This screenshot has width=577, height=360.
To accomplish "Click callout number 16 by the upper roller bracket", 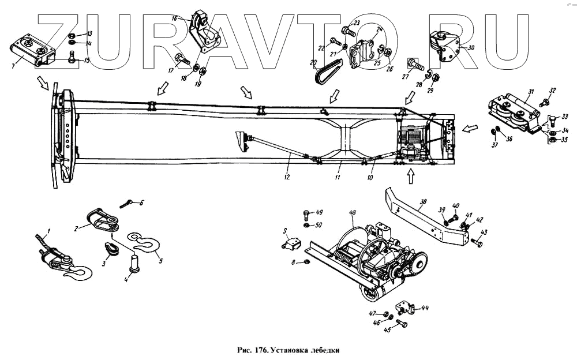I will click(x=174, y=18).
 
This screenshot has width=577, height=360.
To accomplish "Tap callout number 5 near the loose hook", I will click(x=160, y=260).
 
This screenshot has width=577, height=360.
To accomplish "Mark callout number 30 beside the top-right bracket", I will click(x=471, y=48).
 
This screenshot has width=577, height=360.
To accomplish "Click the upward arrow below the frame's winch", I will click(x=411, y=177).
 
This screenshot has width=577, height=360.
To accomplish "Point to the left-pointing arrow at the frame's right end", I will click(x=471, y=127).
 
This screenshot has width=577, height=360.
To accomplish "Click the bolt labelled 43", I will click(x=477, y=242).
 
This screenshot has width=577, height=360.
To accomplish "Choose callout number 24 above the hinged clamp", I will click(x=379, y=29).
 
